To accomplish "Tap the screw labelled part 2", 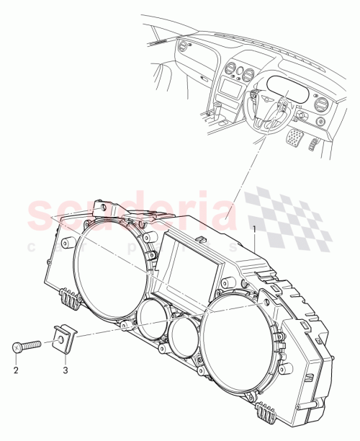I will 27,347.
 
